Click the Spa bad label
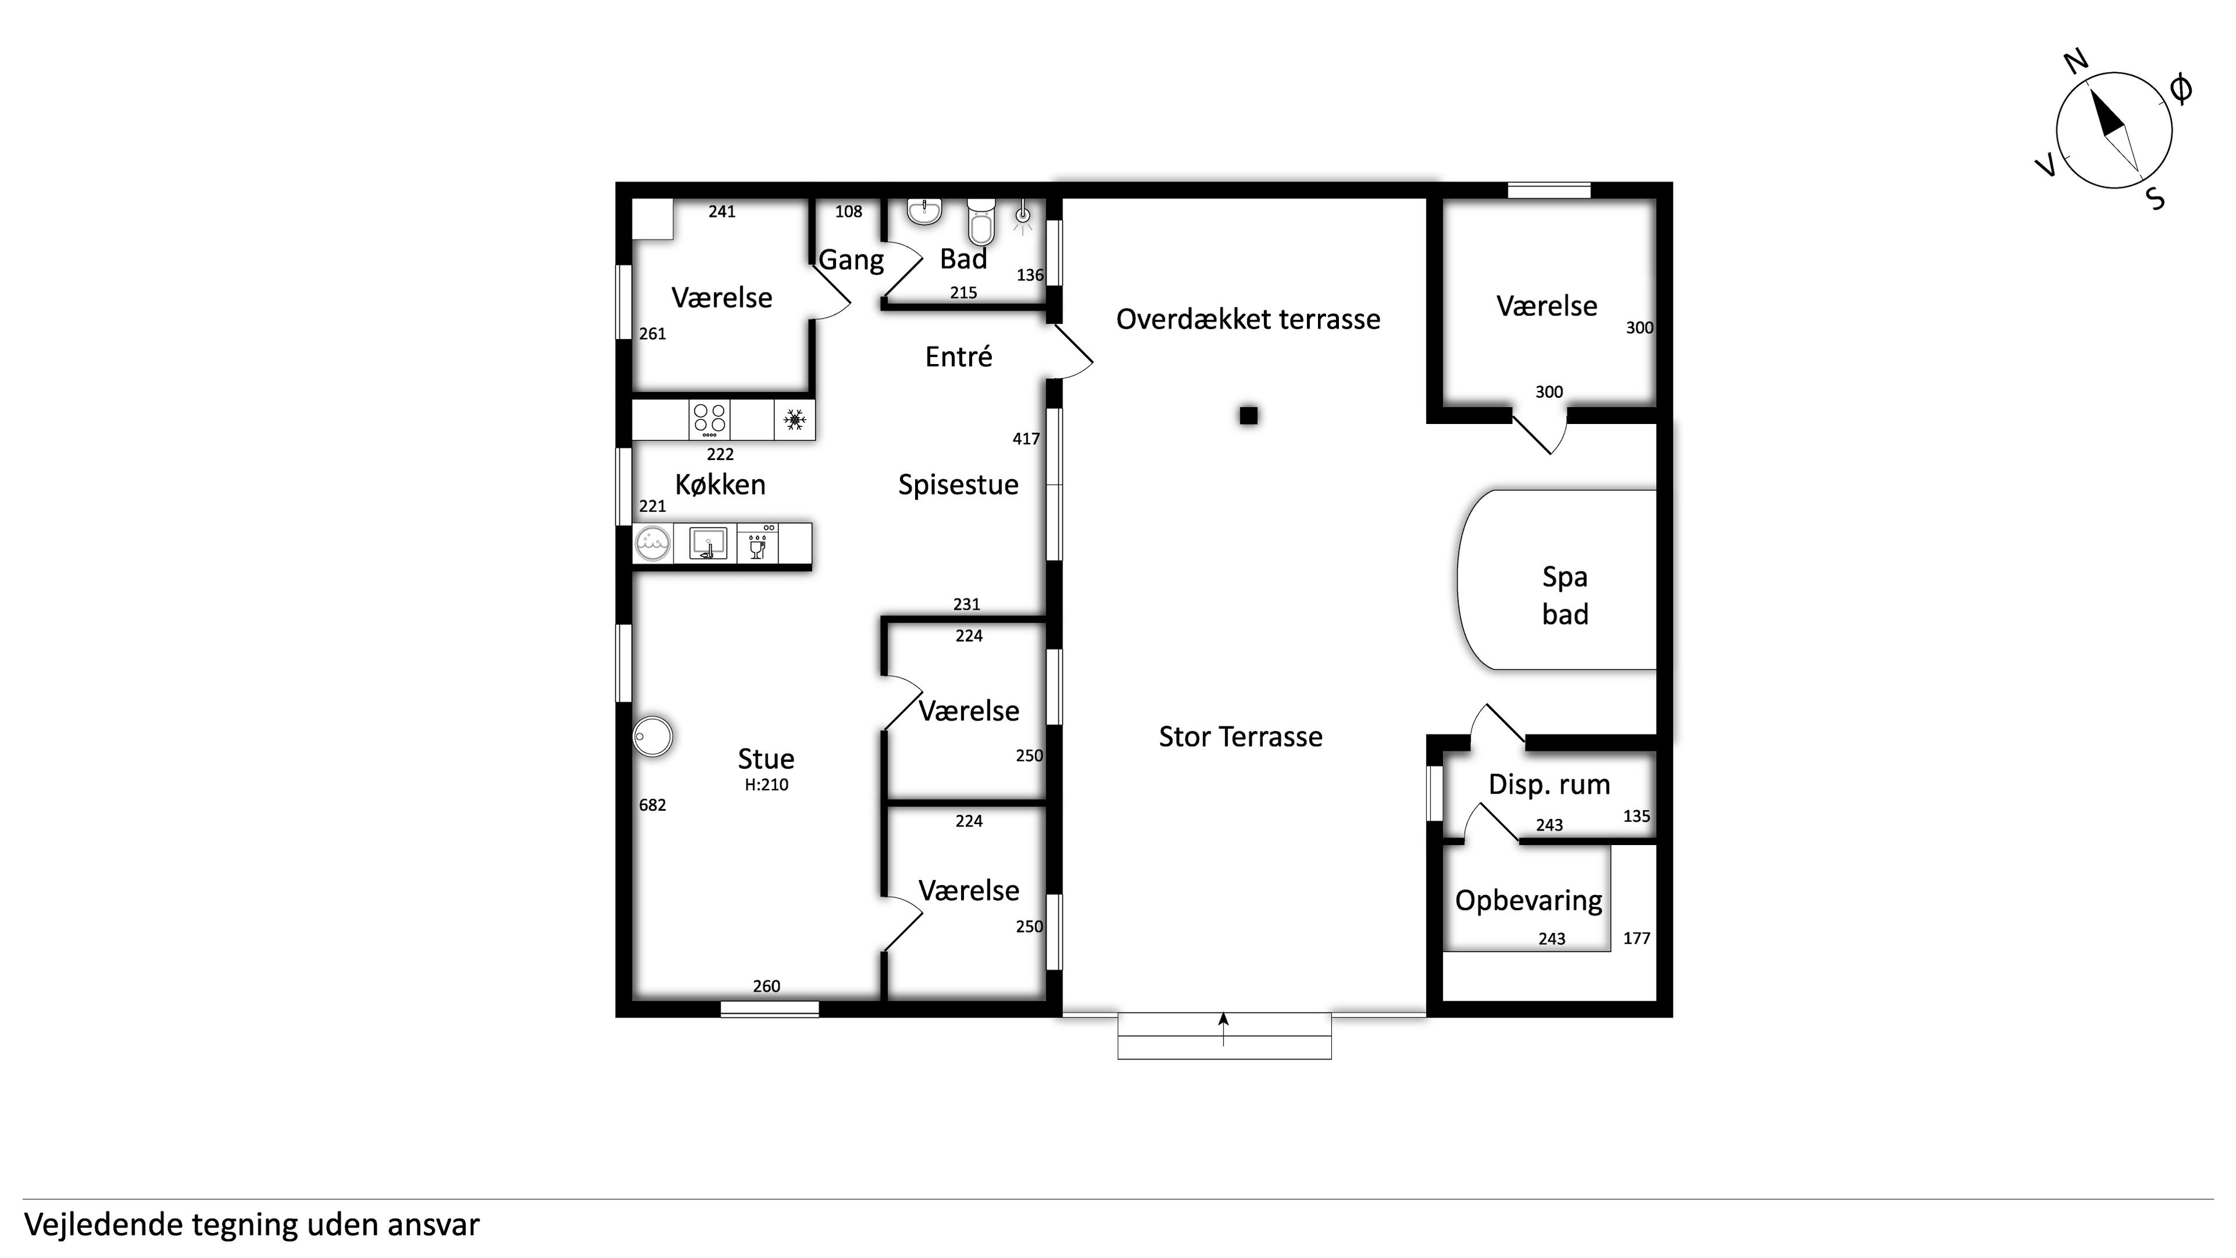click(x=1565, y=596)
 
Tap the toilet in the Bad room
click(x=981, y=221)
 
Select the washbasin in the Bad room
click(x=924, y=211)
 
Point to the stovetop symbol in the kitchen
click(x=709, y=420)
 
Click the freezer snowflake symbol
click(x=794, y=420)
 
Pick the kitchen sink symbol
click(x=707, y=543)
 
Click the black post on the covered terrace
click(x=1248, y=416)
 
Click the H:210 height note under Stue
click(x=767, y=785)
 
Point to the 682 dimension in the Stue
click(x=653, y=805)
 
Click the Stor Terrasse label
click(x=1241, y=736)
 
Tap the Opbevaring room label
click(x=1529, y=901)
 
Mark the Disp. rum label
click(x=1550, y=785)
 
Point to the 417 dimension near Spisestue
click(x=1026, y=439)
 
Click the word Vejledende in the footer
click(x=103, y=1225)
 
